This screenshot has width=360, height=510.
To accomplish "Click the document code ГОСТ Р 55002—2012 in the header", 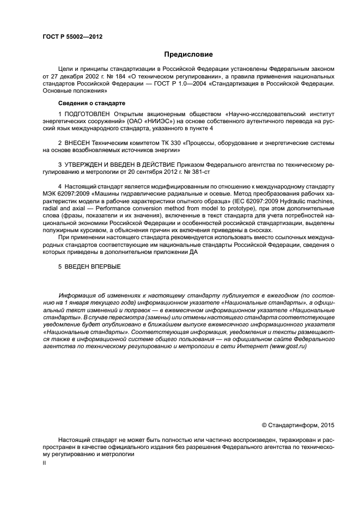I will [72, 37].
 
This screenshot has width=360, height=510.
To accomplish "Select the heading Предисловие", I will [188, 54].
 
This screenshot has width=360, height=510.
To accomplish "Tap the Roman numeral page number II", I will [44, 462].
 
